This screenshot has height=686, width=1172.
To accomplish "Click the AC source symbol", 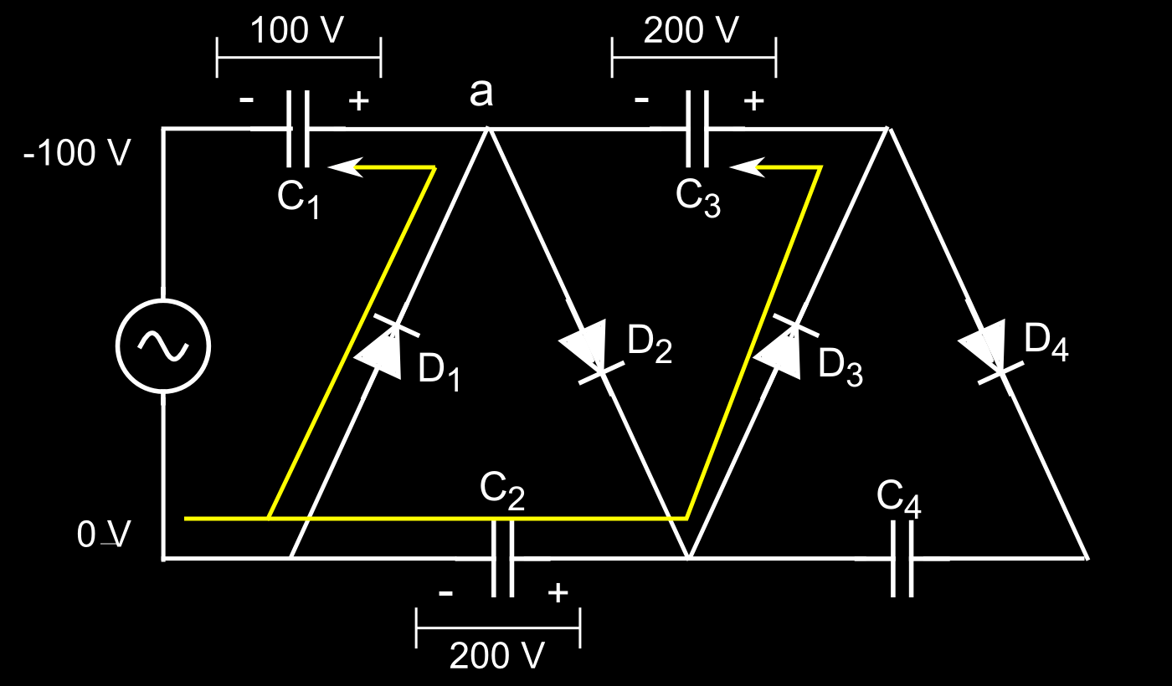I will pos(162,346).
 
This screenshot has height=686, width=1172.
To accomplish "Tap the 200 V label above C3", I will pos(692,31).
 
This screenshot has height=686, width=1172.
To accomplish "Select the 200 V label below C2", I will pos(497,656).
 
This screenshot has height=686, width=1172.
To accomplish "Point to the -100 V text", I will pos(77,153).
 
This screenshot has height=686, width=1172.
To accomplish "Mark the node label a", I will pos(481,93).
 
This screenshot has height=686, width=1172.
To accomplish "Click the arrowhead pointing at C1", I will pos(344,167).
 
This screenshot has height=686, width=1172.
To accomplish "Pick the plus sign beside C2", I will pos(558,593).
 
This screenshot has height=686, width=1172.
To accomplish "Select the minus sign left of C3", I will pos(641,100).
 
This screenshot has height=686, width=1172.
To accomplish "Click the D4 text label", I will pos(1046,342).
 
